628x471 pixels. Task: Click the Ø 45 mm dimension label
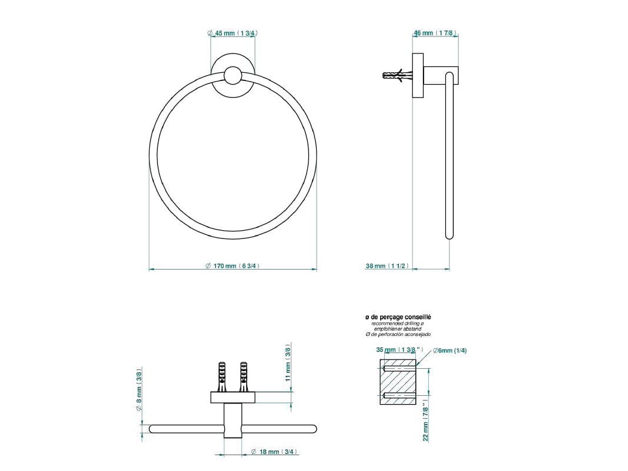[233, 33]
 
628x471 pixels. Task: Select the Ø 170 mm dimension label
[233, 266]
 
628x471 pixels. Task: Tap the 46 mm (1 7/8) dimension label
[435, 33]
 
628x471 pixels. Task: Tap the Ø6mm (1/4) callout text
[450, 351]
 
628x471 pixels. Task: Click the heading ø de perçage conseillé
[398, 317]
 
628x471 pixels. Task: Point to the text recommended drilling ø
[398, 324]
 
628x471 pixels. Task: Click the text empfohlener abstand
[398, 329]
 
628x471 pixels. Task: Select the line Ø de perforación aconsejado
[398, 334]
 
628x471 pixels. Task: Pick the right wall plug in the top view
[243, 376]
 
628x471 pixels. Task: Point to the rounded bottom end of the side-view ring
[449, 235]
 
